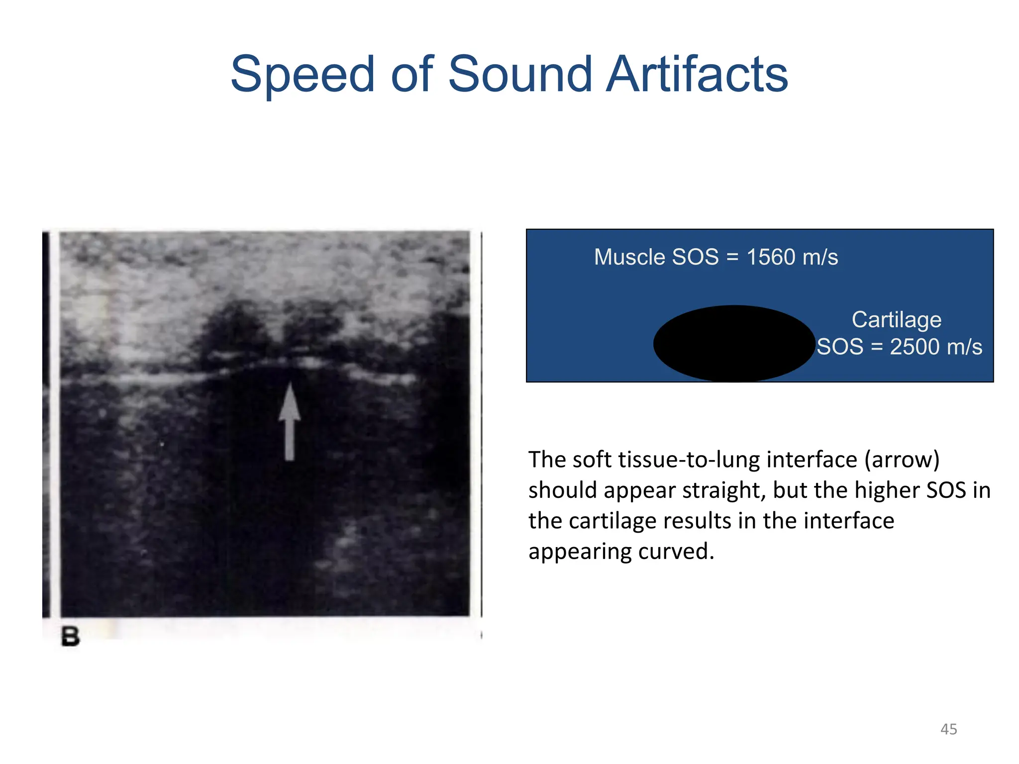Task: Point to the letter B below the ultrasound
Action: coord(70,637)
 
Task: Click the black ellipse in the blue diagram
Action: coord(734,343)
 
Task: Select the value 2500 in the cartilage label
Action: coord(914,347)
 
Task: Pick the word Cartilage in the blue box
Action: coord(896,319)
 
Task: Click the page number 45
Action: coord(948,729)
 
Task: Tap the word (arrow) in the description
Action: coord(902,460)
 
